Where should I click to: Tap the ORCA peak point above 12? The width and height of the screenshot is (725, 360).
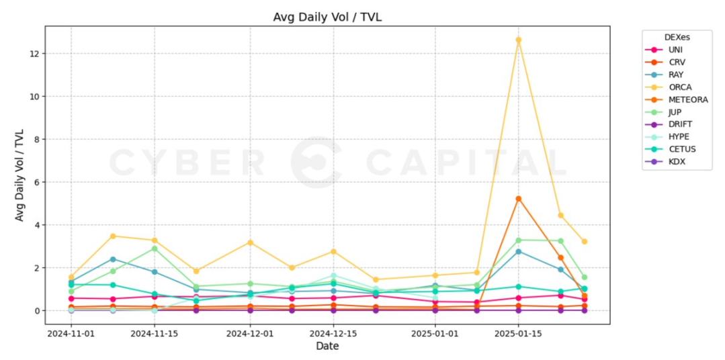(x=518, y=40)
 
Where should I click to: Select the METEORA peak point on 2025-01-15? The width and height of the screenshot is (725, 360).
(x=518, y=199)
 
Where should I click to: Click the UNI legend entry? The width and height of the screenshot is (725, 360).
(x=675, y=50)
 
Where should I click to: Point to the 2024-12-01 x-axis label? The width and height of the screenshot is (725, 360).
(x=250, y=332)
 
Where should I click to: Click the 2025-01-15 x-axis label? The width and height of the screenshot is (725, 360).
(x=518, y=332)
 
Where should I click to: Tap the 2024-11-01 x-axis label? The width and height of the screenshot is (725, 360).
(x=71, y=332)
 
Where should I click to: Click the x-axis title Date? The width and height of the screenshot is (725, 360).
(x=327, y=347)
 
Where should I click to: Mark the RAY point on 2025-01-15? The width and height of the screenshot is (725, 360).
(x=518, y=251)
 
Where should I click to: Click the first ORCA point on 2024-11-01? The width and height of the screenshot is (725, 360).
(x=71, y=277)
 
